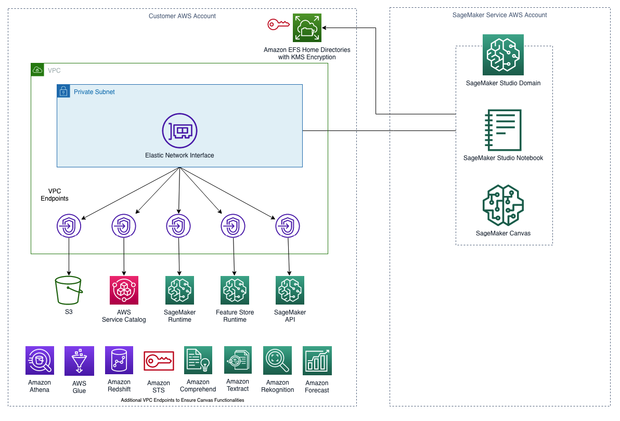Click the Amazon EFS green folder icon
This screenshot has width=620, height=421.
click(x=307, y=28)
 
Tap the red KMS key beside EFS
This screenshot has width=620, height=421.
click(x=278, y=24)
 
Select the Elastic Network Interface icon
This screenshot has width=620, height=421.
click(x=179, y=131)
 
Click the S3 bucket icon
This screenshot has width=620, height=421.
click(x=69, y=290)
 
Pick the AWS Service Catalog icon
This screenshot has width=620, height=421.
click(x=124, y=290)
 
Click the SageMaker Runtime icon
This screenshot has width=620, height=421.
click(x=179, y=290)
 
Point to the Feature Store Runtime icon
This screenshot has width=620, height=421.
click(x=235, y=290)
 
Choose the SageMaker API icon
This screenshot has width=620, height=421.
click(x=290, y=290)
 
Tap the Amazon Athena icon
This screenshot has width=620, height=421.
click(x=40, y=361)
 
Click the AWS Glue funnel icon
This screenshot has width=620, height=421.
click(x=79, y=361)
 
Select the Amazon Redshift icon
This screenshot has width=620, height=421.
click(x=119, y=360)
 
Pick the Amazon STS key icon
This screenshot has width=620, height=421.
click(x=159, y=361)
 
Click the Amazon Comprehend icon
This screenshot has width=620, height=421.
click(x=198, y=360)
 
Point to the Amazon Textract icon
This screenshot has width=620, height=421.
click(x=238, y=360)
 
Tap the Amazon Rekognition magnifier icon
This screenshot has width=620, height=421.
click(x=278, y=361)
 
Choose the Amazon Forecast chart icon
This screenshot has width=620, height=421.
click(x=317, y=361)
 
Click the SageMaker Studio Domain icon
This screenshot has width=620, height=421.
click(x=503, y=55)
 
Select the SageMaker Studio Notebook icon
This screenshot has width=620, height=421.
click(x=503, y=130)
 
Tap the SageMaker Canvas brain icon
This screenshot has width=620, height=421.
click(x=503, y=205)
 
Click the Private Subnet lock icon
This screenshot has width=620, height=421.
click(x=63, y=91)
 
